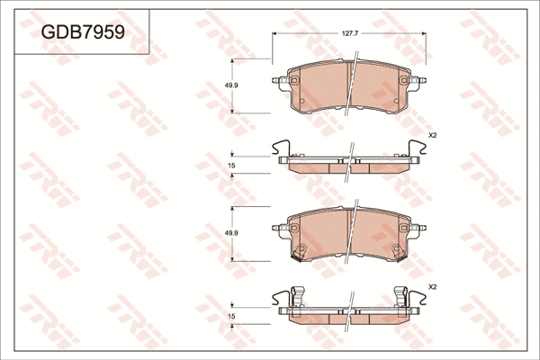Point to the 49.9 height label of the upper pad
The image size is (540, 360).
[230, 85]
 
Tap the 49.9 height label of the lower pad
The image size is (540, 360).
[230, 233]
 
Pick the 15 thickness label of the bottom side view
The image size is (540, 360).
[231, 316]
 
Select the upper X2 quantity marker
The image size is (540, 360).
[432, 135]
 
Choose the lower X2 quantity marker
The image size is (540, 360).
[432, 286]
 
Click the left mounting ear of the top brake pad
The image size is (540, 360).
[278, 82]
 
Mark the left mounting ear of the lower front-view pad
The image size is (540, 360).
[278, 229]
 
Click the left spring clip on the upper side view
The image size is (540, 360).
[281, 148]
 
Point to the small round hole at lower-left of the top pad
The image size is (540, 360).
[304, 101]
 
